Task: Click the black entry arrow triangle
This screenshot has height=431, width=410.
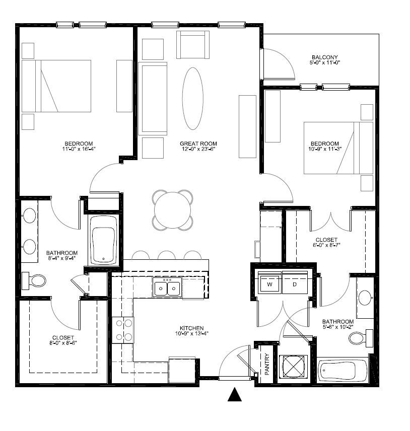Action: (x=235, y=394)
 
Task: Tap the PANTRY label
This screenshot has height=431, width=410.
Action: (x=267, y=364)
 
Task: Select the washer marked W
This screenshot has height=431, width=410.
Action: (x=269, y=284)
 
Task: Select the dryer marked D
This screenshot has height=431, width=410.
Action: (x=295, y=284)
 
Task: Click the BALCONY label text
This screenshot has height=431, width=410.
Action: (x=325, y=57)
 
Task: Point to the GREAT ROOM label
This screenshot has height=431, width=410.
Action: (x=198, y=143)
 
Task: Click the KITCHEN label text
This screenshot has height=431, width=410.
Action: (x=192, y=328)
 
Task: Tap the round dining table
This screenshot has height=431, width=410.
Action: (x=172, y=210)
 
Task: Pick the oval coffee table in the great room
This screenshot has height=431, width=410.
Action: (x=193, y=99)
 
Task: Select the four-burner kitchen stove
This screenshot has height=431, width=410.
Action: (x=123, y=330)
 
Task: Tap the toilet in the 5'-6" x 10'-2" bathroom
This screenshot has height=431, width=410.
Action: (x=361, y=338)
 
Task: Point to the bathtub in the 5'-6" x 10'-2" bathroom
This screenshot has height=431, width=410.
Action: (x=342, y=370)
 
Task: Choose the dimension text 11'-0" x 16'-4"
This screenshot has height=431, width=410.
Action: (x=79, y=149)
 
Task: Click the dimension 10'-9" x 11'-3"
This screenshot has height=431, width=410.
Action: (x=325, y=149)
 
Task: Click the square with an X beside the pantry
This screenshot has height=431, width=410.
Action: (x=293, y=367)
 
